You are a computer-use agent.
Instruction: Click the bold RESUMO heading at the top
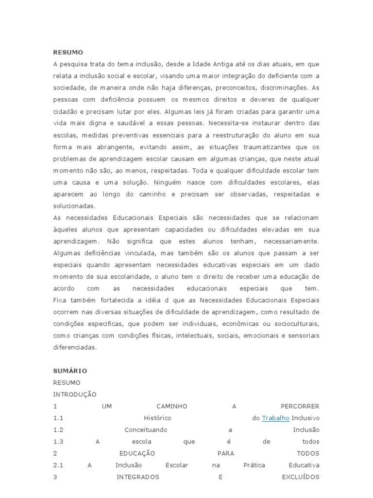click(68, 52)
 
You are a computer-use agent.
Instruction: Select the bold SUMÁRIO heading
click(70, 371)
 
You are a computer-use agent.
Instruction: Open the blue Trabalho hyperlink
click(275, 418)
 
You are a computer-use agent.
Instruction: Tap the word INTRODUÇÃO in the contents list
click(75, 394)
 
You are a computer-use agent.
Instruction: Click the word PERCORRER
click(300, 406)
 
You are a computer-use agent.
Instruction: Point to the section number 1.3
click(59, 442)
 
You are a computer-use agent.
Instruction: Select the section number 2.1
click(59, 465)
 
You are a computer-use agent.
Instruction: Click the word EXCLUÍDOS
click(301, 477)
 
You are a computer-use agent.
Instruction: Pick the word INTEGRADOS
click(138, 477)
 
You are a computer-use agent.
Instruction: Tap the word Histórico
click(157, 418)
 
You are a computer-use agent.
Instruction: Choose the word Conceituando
click(146, 430)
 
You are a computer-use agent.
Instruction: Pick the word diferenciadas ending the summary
click(75, 347)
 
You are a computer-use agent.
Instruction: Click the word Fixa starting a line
click(60, 300)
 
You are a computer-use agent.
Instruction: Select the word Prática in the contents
click(255, 465)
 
